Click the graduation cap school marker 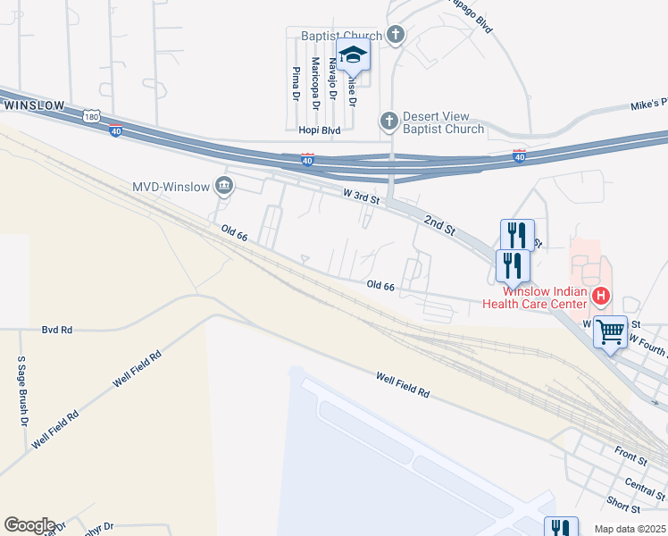point(353,54)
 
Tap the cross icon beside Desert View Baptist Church point(388,120)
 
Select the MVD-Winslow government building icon point(224,186)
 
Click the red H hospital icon point(602,295)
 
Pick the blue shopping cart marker point(611,332)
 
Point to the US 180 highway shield point(91,116)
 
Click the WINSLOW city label point(35,105)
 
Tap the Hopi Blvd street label point(320,130)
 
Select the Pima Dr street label point(295,83)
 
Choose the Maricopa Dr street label point(314,83)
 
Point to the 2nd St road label point(440,224)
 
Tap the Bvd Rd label point(56,330)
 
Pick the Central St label point(645,488)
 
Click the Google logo point(29,525)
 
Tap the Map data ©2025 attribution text point(630,529)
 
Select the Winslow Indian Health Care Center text point(533,297)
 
